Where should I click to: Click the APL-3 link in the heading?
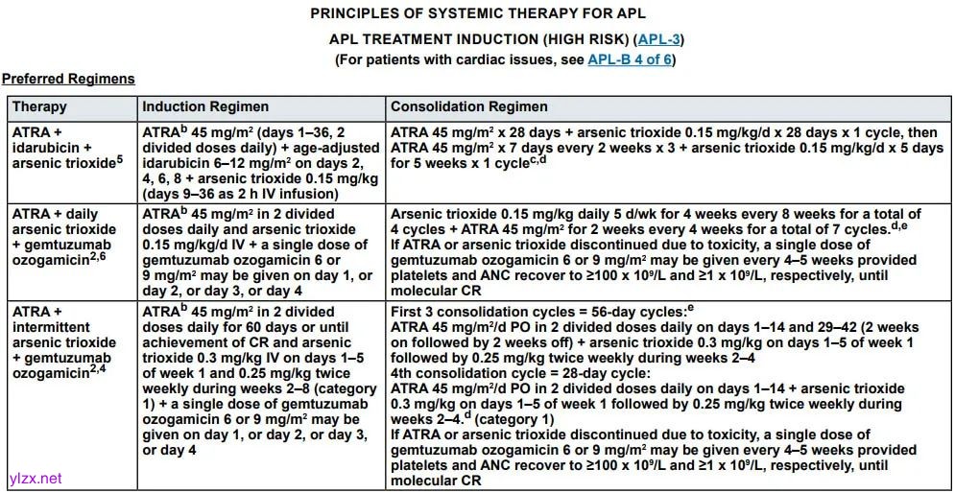(659, 39)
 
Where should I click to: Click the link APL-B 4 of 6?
(630, 59)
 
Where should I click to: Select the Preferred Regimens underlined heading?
(68, 79)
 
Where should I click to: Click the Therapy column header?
(39, 106)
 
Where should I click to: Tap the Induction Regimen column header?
(205, 106)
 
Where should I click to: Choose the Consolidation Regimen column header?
(468, 106)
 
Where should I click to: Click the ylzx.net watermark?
(33, 478)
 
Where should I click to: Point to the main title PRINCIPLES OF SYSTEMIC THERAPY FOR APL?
(477, 14)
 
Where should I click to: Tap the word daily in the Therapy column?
(84, 214)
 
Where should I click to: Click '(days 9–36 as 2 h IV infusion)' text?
(240, 193)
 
